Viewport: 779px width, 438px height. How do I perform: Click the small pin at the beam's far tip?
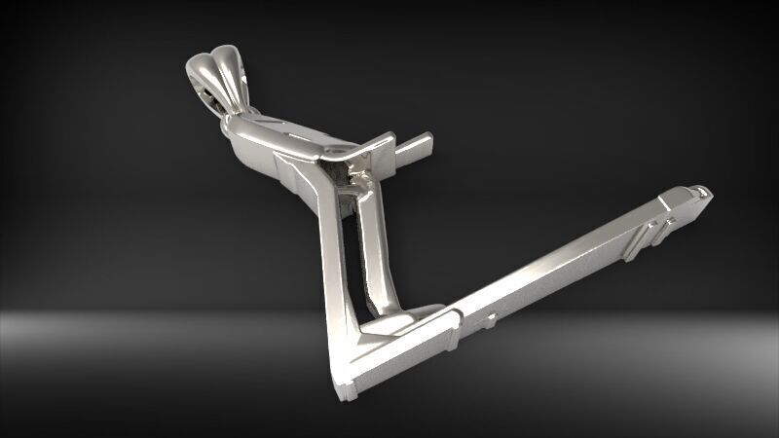[x=699, y=189]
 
